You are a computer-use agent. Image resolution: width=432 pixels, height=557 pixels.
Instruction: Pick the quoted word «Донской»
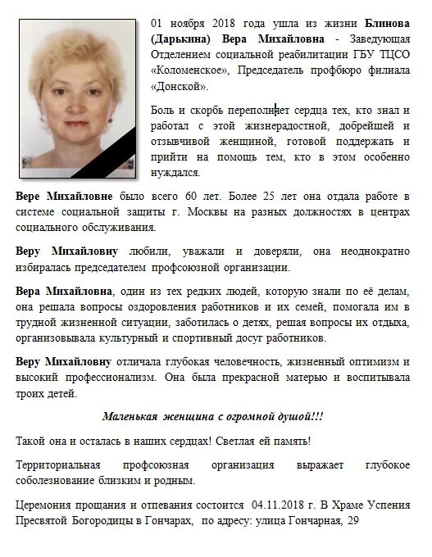click(x=180, y=86)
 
